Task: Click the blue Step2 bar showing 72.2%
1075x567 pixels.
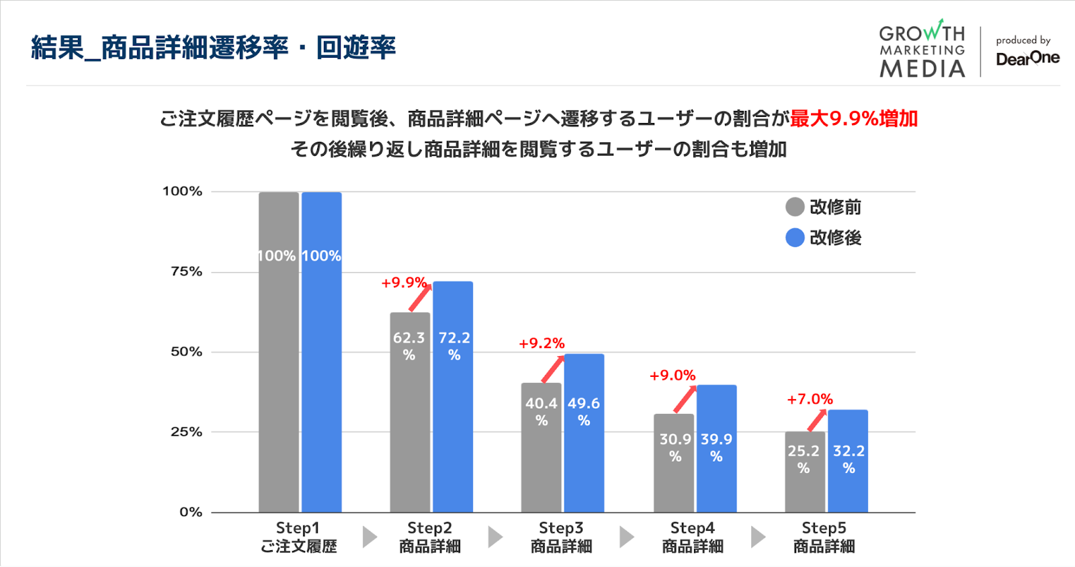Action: point(453,403)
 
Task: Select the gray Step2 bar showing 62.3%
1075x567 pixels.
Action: point(410,417)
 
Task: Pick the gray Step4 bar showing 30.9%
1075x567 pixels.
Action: point(674,470)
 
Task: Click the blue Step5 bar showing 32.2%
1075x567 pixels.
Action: point(848,470)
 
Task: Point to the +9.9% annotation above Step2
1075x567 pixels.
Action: point(404,283)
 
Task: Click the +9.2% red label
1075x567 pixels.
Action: point(542,343)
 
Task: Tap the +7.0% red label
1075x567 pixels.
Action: point(810,399)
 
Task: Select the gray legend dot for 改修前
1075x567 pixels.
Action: point(795,207)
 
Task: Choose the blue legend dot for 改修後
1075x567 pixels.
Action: point(795,238)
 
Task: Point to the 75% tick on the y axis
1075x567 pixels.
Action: point(186,271)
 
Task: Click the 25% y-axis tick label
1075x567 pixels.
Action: point(186,432)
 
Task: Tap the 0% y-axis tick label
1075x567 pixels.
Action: point(191,512)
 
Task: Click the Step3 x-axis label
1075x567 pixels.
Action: point(561,537)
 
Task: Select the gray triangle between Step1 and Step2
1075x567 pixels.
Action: point(370,537)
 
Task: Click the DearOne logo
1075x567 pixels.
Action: point(1027,58)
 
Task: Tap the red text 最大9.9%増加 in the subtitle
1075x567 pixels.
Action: point(853,119)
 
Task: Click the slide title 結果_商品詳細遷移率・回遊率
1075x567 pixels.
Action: point(213,48)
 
